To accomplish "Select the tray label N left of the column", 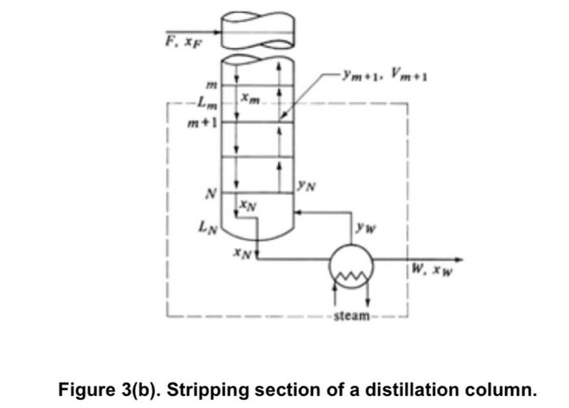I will click(x=210, y=194).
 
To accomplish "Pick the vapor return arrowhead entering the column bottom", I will click(x=299, y=212).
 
